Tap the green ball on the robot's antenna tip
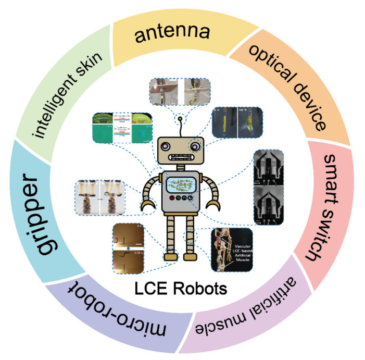(x=181, y=118)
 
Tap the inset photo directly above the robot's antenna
(x=180, y=93)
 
